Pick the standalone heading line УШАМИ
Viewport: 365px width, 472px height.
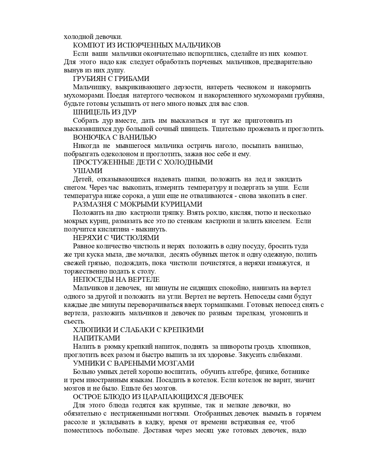88,171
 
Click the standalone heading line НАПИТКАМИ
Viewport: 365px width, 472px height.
96,338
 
